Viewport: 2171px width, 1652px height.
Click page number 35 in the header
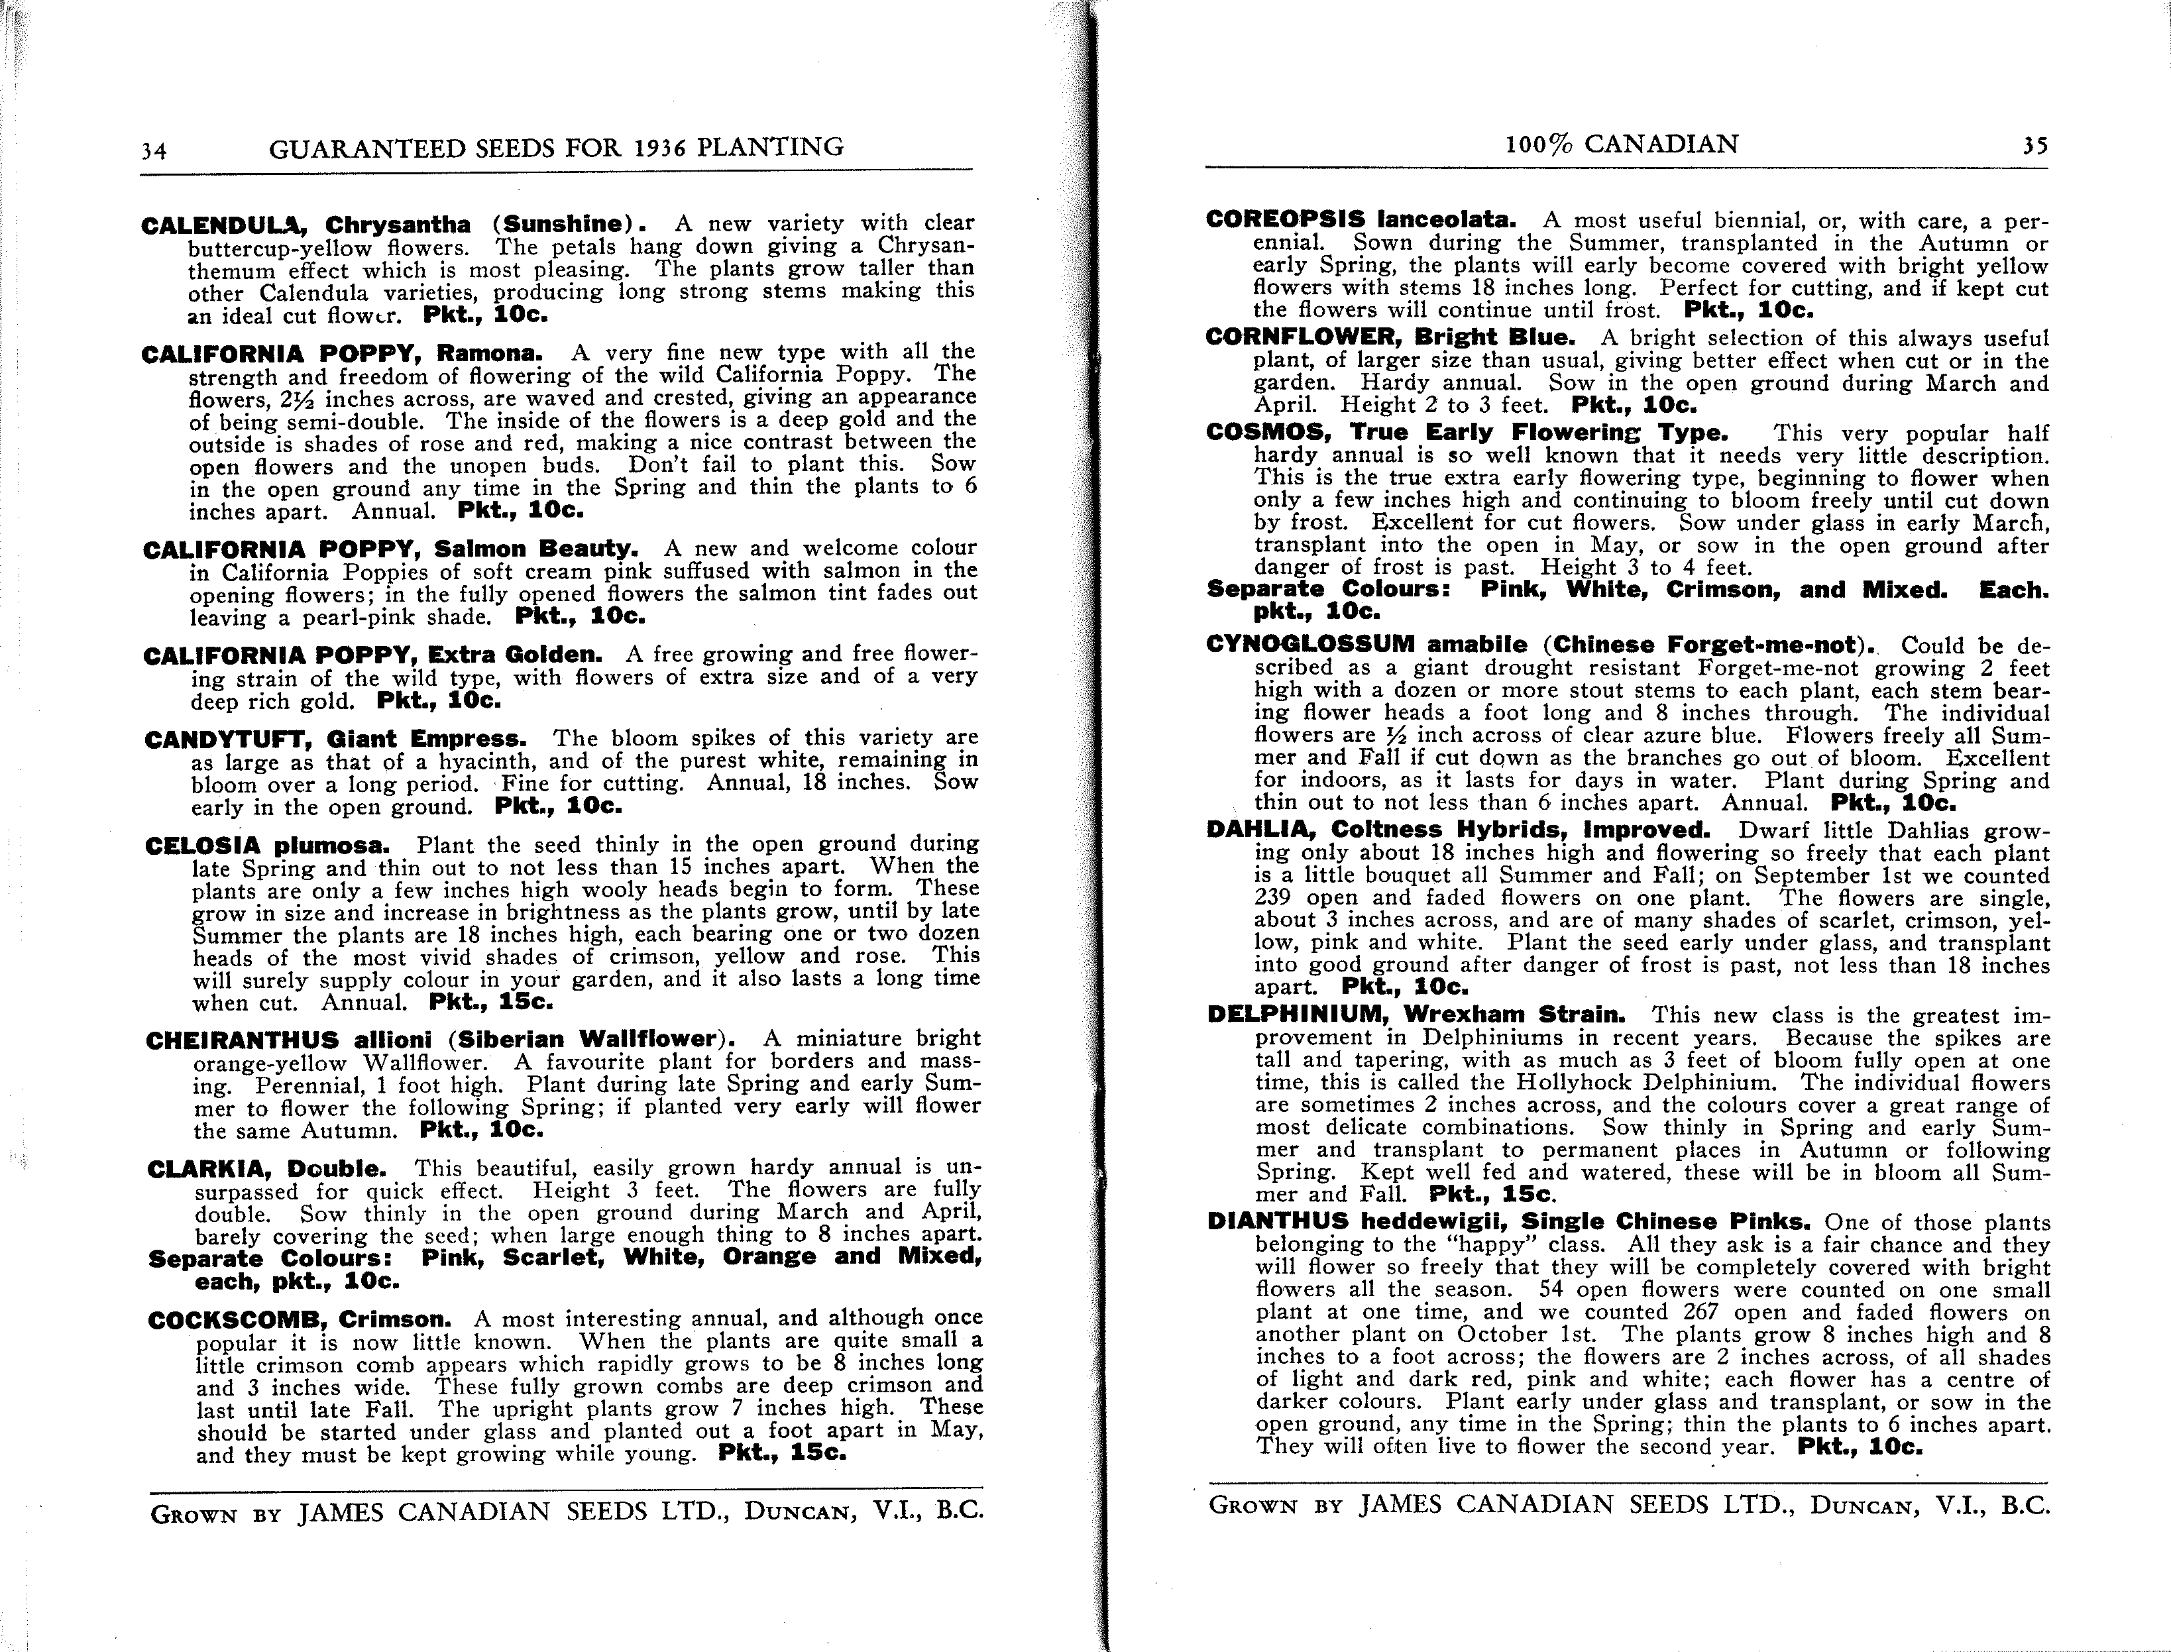[x=2034, y=146]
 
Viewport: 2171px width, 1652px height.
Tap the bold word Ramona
[x=488, y=353]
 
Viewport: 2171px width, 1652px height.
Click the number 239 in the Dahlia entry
[x=1275, y=898]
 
